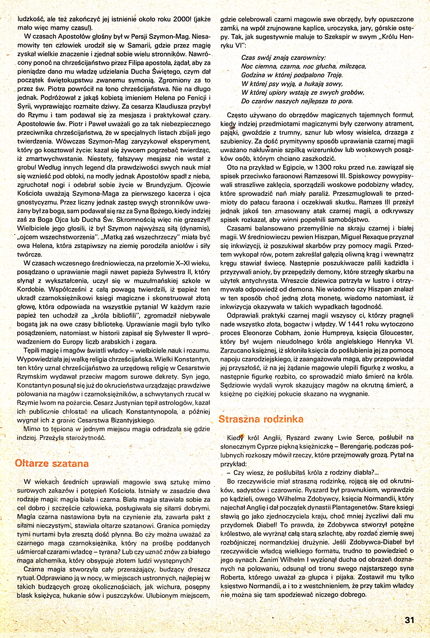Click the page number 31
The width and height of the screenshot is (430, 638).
click(409, 620)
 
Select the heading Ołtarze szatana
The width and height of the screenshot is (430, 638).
click(52, 463)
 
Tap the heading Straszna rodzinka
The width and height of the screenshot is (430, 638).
click(261, 419)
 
